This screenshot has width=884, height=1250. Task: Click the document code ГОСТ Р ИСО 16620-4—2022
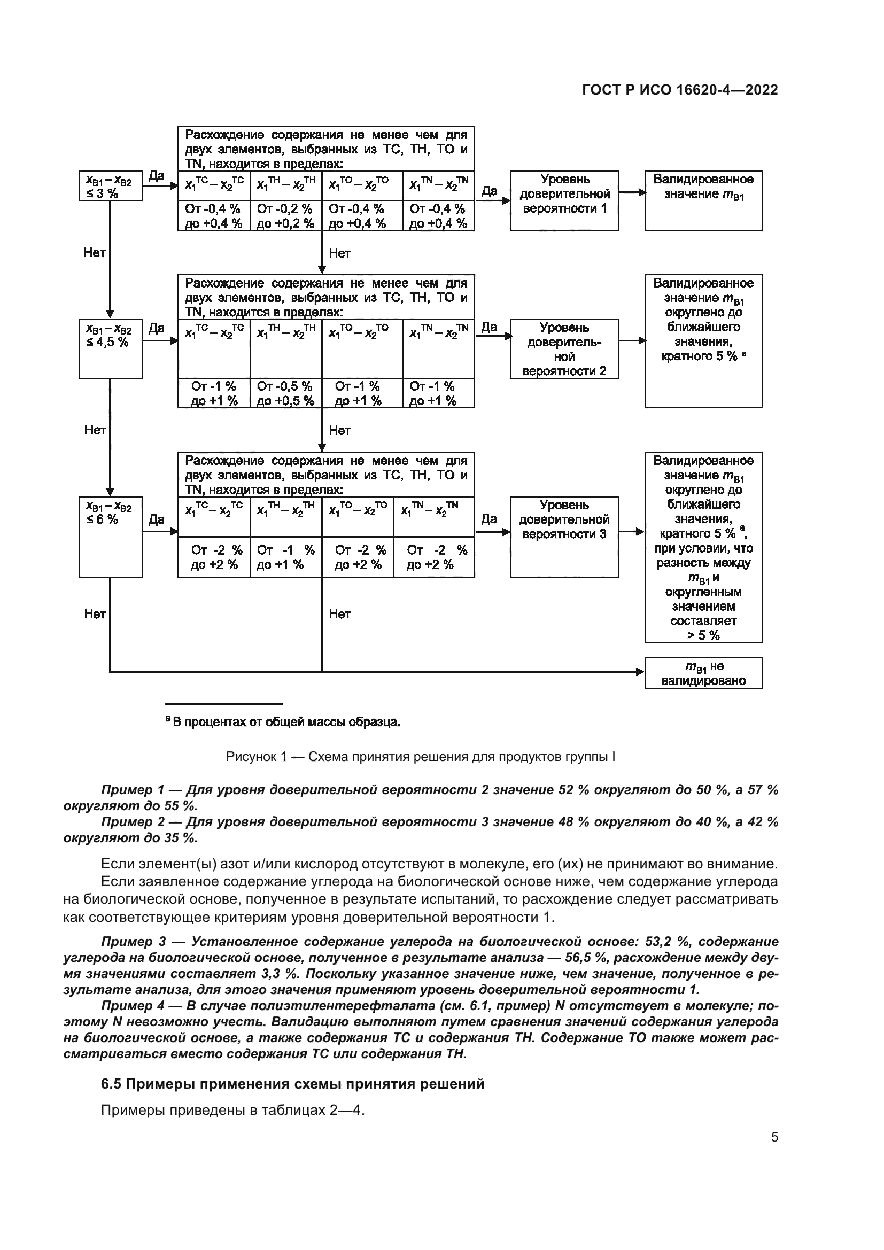pos(679,90)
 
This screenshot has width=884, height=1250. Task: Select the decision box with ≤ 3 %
pos(110,186)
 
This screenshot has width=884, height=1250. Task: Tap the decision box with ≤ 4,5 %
pos(110,348)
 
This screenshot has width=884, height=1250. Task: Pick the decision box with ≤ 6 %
pos(110,536)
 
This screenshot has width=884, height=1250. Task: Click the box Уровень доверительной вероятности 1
pos(564,200)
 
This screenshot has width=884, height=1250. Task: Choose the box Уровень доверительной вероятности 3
pos(564,536)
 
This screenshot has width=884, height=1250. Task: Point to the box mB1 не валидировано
pos(703,673)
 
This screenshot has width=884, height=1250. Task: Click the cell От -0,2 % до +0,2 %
pos(285,216)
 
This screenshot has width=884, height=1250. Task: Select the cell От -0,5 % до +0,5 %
pos(285,393)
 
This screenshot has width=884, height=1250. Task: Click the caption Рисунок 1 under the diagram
pos(420,757)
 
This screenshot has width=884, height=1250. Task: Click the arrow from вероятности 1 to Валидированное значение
pos(631,193)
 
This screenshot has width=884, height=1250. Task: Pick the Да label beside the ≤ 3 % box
pos(156,176)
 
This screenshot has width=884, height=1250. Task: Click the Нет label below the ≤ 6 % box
pos(95,614)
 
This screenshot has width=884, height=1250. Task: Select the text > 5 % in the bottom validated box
pos(703,635)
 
